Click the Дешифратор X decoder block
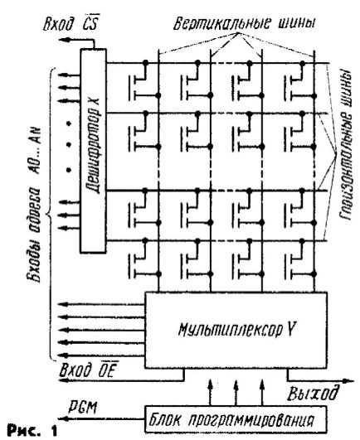click(x=93, y=151)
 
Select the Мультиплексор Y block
click(x=236, y=330)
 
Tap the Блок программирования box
click(x=236, y=419)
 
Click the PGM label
click(x=84, y=407)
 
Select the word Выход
click(x=313, y=393)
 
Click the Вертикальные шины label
click(x=244, y=22)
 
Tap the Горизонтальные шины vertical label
click(x=345, y=145)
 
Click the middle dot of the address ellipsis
click(x=69, y=145)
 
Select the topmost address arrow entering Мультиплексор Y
click(x=101, y=304)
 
